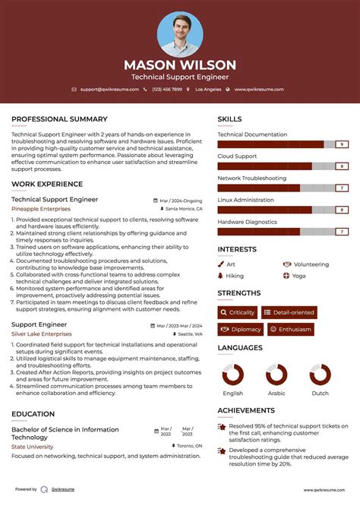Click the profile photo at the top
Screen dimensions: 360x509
180,34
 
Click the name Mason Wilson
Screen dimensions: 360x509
180,65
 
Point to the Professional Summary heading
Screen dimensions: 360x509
59,119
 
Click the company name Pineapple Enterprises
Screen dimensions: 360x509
41,208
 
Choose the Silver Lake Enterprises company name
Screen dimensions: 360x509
42,334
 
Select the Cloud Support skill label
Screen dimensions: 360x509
237,156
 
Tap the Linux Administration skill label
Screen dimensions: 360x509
245,200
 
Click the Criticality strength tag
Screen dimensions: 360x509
238,312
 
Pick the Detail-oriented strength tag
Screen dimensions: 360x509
289,312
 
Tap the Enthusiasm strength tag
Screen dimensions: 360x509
290,329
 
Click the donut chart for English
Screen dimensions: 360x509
233,375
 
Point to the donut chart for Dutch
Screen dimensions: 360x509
320,375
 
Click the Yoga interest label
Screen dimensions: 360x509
298,276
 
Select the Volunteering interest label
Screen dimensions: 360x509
311,264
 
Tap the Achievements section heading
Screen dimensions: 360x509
246,410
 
